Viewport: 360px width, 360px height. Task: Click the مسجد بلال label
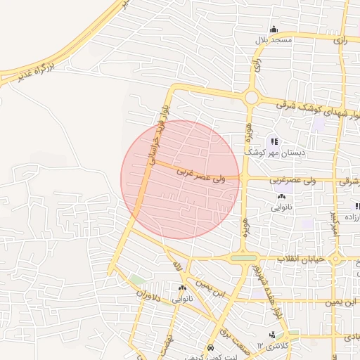274,41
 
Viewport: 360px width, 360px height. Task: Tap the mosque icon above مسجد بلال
274,30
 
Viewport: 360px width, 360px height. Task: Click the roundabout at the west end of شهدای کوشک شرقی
251,97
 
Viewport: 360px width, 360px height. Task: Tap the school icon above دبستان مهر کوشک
274,141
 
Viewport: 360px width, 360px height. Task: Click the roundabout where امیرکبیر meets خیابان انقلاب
336,259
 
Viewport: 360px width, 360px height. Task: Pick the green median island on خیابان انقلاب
244,259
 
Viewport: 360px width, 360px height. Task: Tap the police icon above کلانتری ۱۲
272,335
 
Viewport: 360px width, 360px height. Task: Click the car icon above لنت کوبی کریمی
211,349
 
